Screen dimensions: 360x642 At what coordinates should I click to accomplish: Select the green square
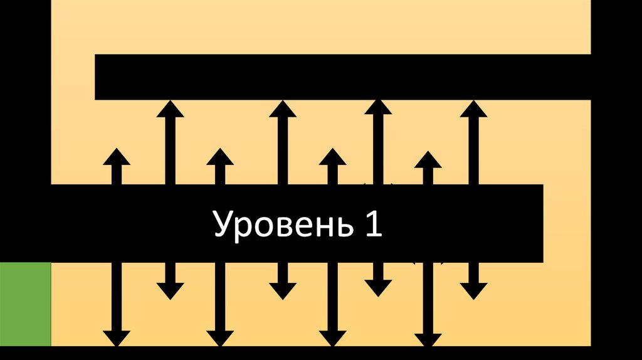25,304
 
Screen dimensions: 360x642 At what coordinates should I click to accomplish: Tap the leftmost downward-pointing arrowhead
116,339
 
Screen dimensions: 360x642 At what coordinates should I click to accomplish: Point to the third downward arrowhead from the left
219,339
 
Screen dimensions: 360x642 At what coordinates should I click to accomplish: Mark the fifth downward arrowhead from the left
332,339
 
